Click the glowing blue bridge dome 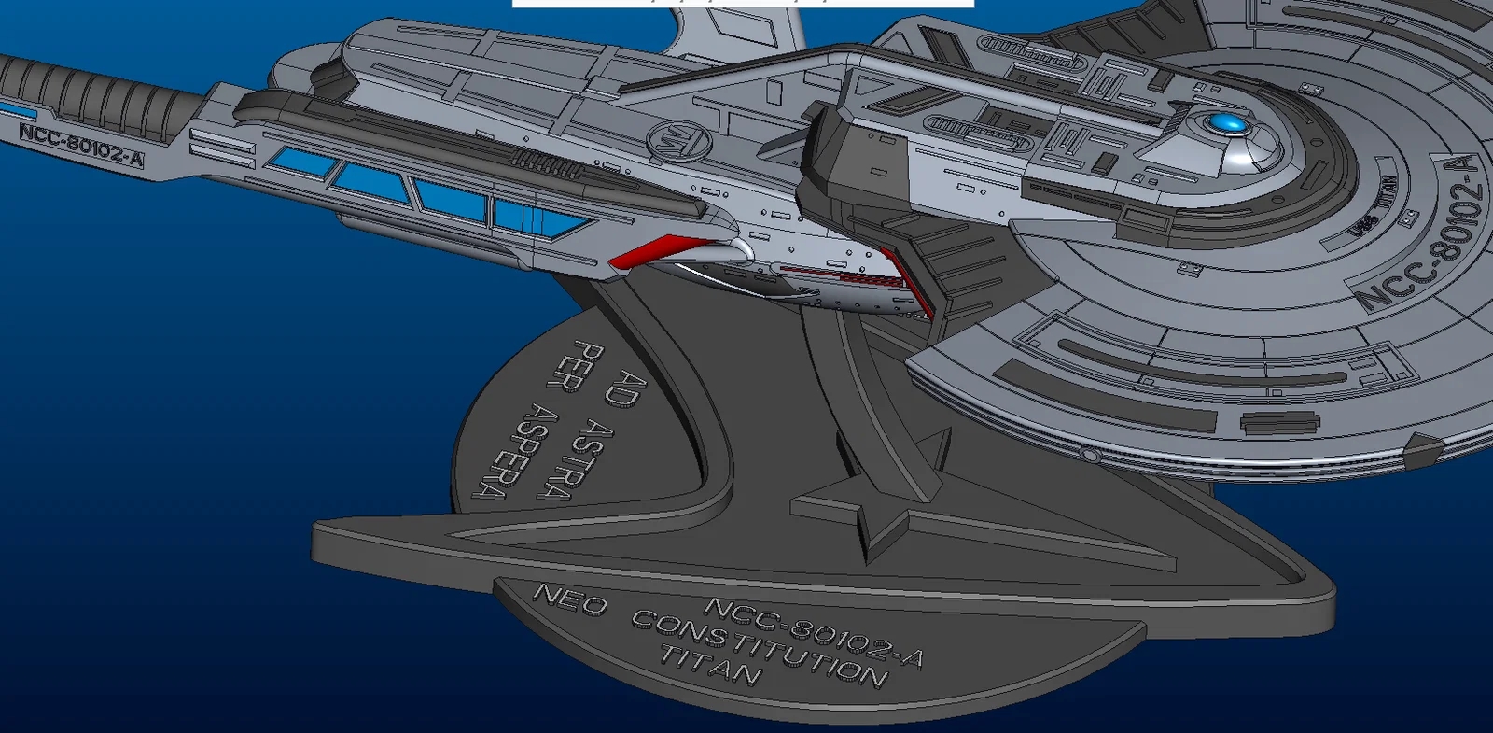(1224, 123)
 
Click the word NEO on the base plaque (569, 599)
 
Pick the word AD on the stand (627, 388)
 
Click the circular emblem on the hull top (679, 142)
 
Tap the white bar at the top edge (743, 4)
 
